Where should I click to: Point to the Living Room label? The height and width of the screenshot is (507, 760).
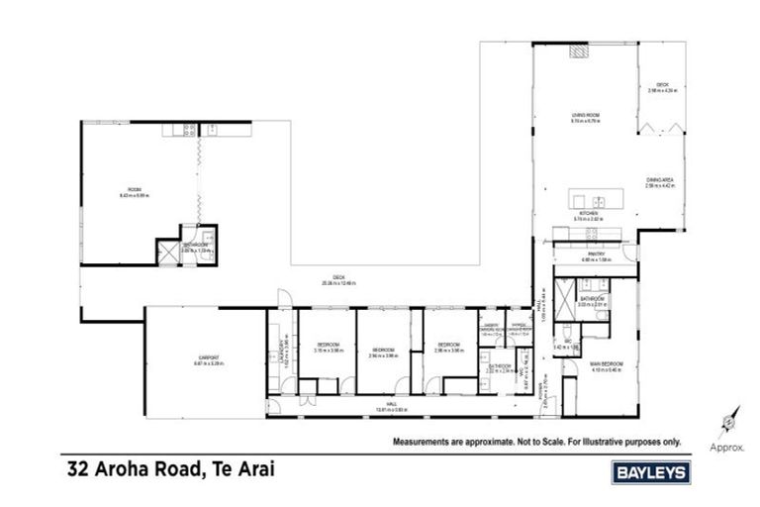586,116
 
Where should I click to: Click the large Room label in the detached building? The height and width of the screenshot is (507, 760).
135,189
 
